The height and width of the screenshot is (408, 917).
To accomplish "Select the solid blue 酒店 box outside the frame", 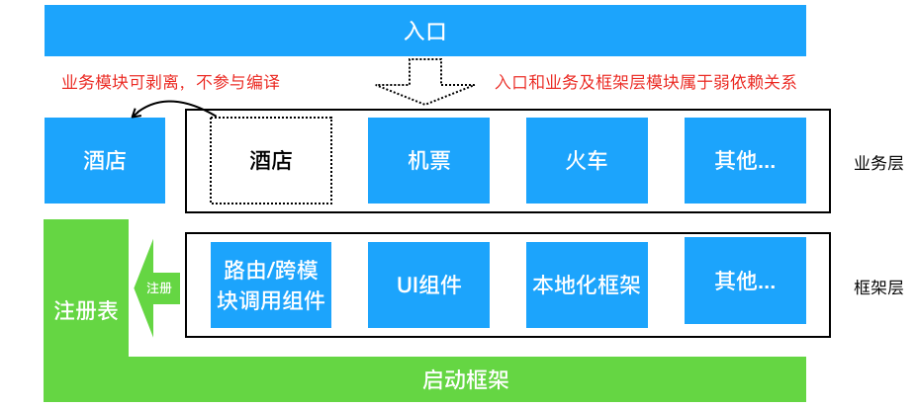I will (105, 160).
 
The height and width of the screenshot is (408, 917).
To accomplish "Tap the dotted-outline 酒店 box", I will (271, 160).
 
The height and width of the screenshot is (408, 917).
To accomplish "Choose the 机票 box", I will (428, 160).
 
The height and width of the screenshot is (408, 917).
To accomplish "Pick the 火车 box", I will (587, 160).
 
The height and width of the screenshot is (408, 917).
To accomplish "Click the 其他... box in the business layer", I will (745, 160).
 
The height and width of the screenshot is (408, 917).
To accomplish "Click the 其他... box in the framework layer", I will (745, 282).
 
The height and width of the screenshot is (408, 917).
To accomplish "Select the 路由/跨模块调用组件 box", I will (271, 286).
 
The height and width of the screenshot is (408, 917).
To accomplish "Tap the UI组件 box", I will (428, 286).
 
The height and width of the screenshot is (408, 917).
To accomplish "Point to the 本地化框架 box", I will (587, 286).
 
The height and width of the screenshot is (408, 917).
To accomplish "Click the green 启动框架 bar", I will (465, 379).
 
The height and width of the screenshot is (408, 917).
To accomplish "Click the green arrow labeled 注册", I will (158, 287).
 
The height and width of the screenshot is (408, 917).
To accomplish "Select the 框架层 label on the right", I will (878, 287).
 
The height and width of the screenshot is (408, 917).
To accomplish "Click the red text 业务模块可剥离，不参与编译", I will (170, 82).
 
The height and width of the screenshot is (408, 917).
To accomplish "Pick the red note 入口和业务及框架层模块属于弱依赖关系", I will (645, 82).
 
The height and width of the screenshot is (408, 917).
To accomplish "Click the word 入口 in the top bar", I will (425, 31).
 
